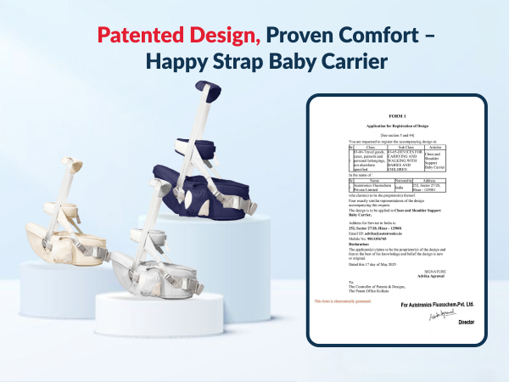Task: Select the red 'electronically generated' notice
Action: point(343,301)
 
